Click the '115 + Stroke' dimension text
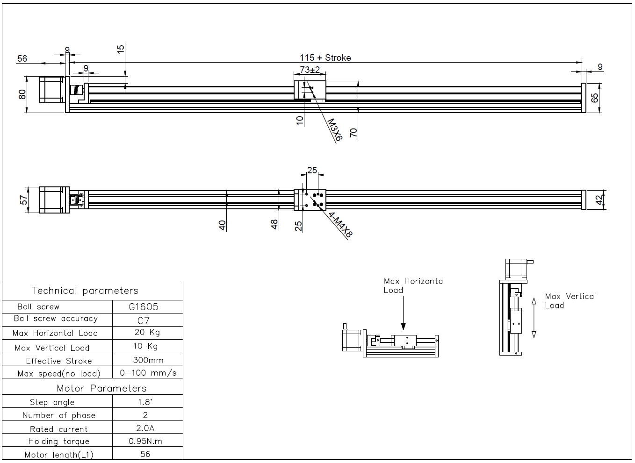325,58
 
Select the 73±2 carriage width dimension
310,70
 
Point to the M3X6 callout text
335,130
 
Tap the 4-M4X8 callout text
340,224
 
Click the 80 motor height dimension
22,94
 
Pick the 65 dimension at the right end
594,98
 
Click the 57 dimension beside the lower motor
24,200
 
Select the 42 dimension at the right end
599,200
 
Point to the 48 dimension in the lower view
274,225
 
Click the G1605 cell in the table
144,306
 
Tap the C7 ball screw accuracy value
143,321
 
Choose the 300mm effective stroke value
148,360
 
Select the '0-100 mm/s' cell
148,373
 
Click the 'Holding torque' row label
58,442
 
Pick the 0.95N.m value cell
145,441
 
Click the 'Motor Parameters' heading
101,388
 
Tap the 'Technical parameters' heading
85,291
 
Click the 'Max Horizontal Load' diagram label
414,285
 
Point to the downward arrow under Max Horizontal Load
403,313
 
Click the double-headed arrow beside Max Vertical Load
534,318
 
